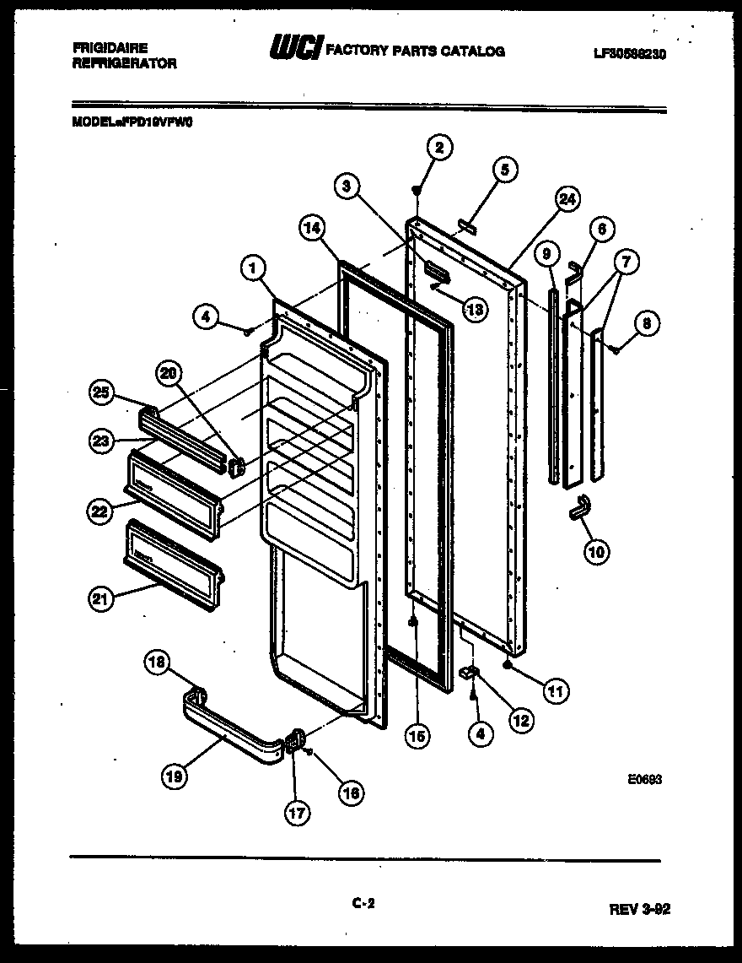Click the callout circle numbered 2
(438, 147)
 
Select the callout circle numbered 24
(567, 200)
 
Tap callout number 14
(312, 226)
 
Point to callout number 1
(250, 268)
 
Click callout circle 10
(596, 551)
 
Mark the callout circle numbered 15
(416, 735)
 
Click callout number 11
(556, 691)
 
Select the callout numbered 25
(101, 391)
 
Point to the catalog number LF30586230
(629, 52)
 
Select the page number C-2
(363, 903)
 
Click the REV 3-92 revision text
(640, 909)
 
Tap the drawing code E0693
(644, 781)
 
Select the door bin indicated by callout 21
(172, 560)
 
